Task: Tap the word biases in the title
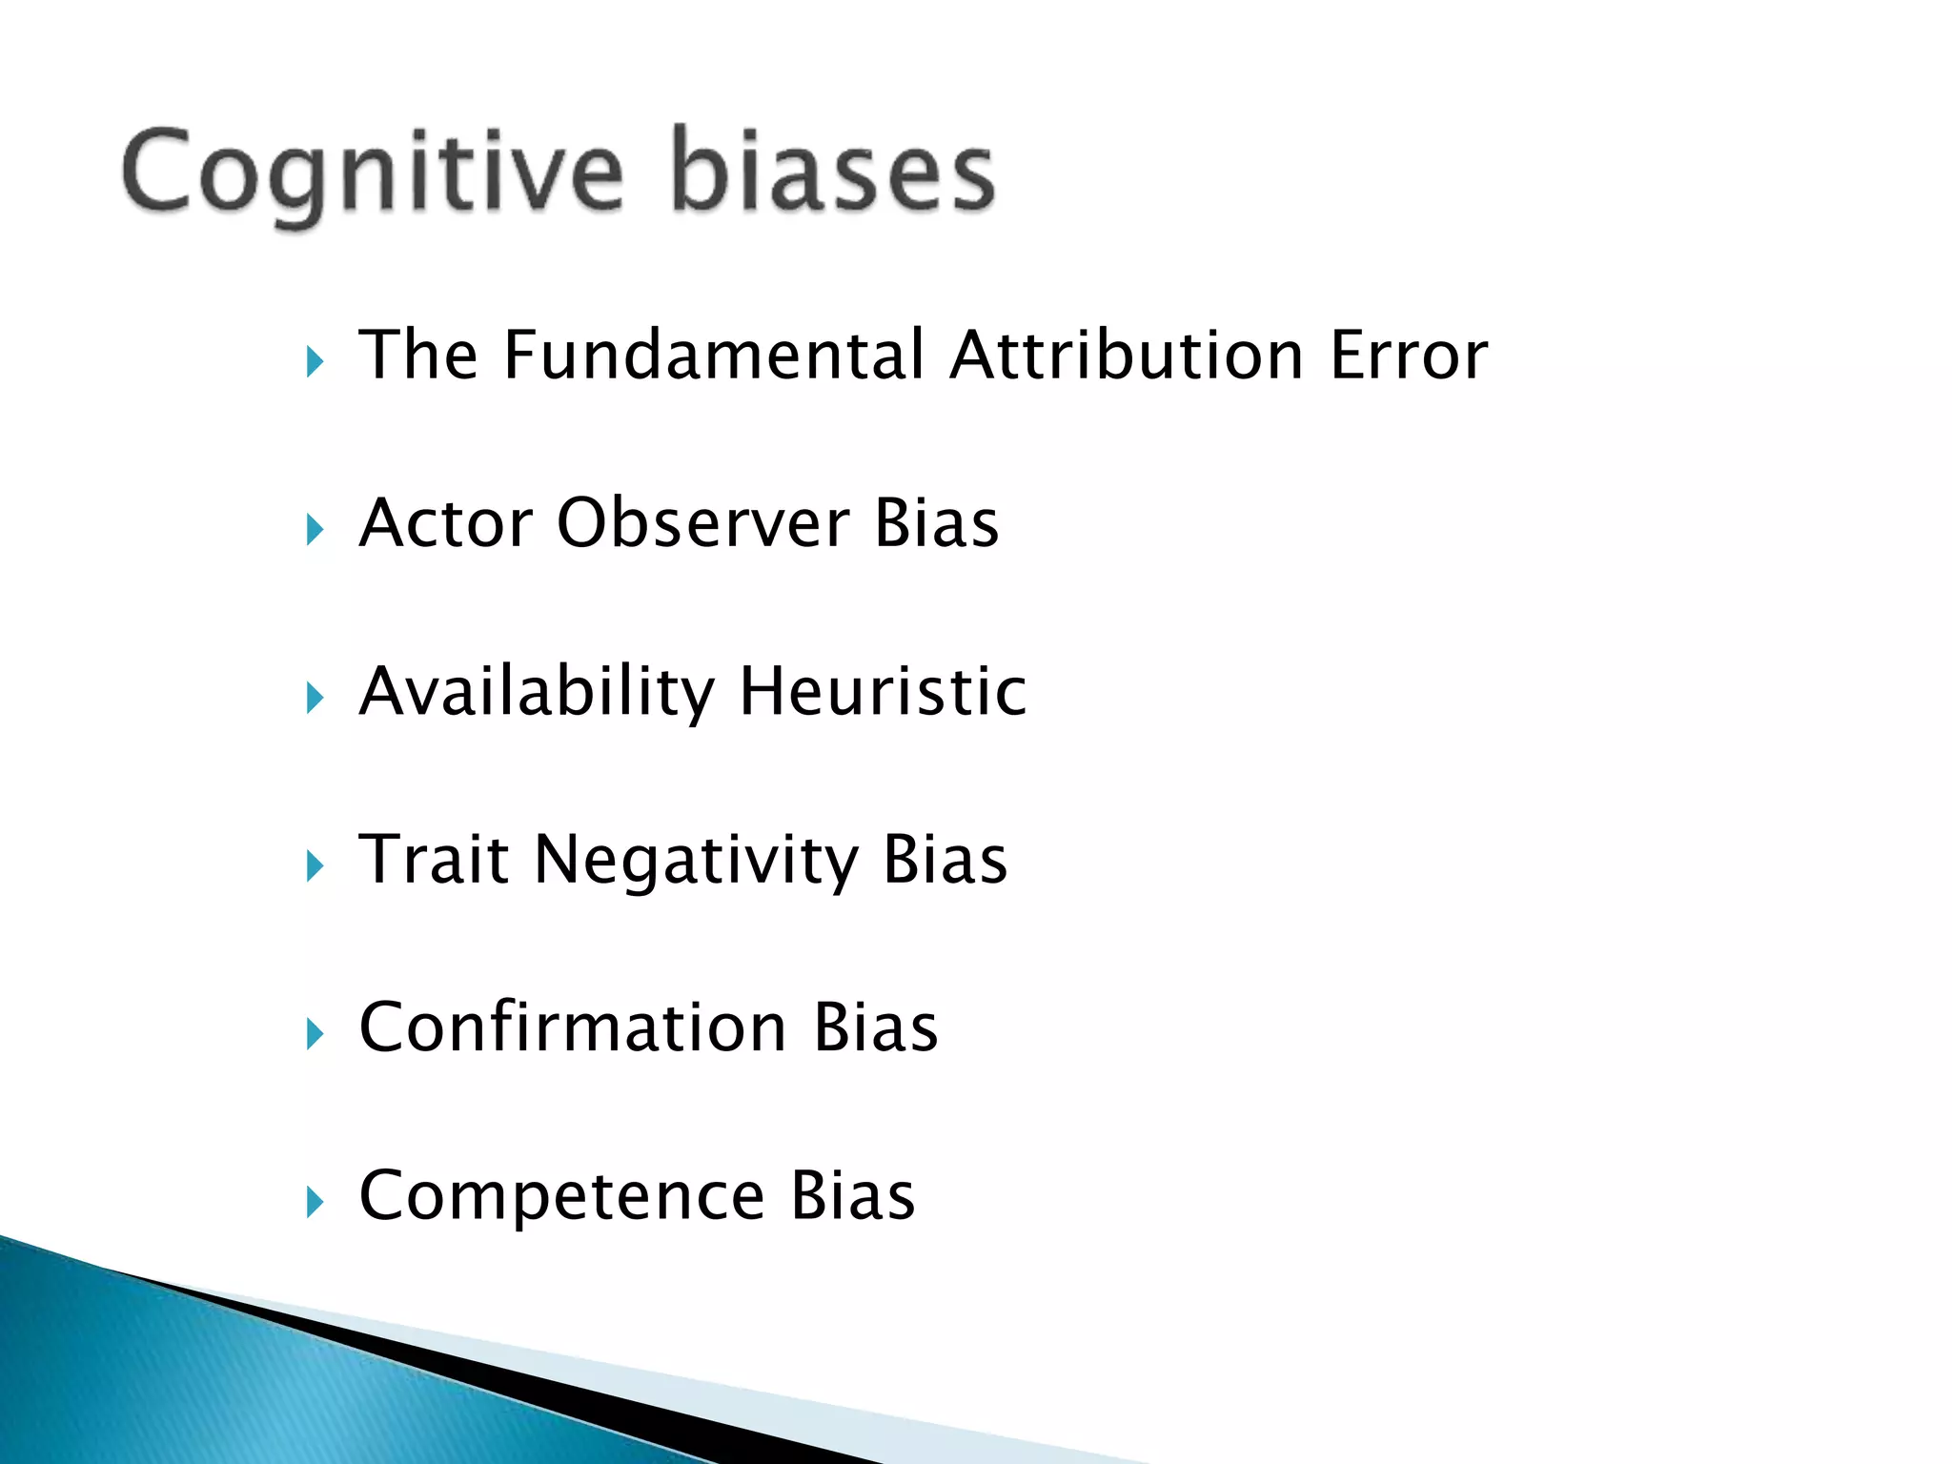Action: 833,172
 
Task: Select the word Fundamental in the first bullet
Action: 714,355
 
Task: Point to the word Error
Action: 1409,355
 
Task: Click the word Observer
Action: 703,523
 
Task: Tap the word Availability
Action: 536,693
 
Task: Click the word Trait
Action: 434,860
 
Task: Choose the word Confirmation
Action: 573,1027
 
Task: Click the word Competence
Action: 561,1197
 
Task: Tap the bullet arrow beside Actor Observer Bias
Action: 315,530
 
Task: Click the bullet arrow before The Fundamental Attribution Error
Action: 315,362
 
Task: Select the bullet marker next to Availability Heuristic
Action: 315,699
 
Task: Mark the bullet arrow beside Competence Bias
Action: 315,1203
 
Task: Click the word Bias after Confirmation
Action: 876,1027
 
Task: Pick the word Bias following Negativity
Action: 945,860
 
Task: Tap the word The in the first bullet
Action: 417,355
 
